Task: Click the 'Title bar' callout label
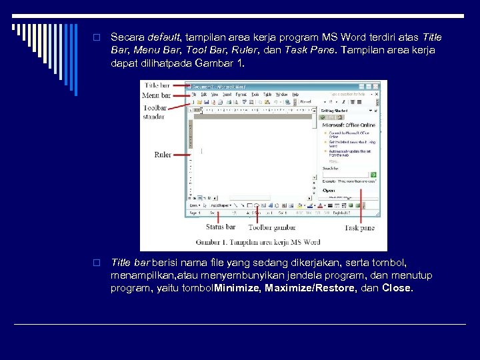(x=157, y=86)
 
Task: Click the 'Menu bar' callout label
(x=157, y=96)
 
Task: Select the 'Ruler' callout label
(x=163, y=155)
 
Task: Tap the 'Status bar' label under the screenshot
(x=220, y=227)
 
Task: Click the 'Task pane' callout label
(x=359, y=228)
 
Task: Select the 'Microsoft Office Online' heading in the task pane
(x=349, y=125)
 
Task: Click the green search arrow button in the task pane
(x=374, y=175)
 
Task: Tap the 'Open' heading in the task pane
(x=329, y=190)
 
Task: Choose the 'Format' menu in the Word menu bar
(x=241, y=95)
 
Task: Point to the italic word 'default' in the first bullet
(x=163, y=37)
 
